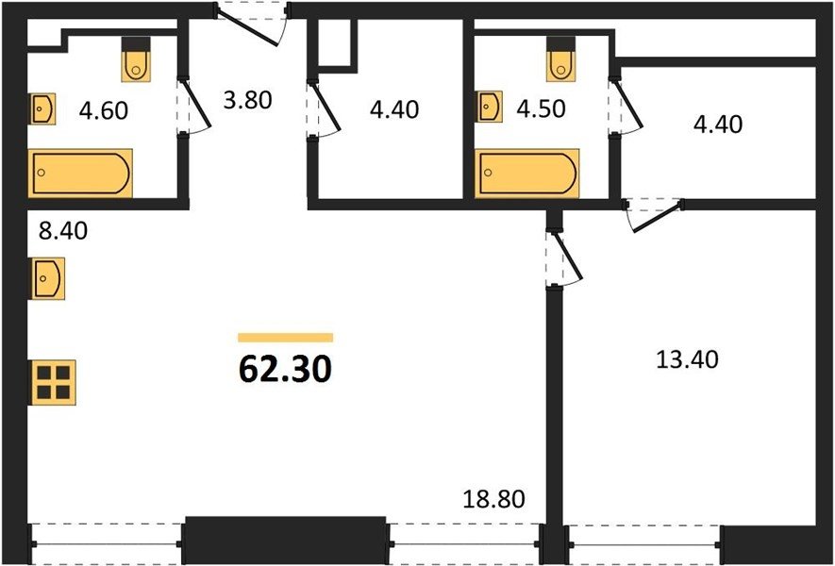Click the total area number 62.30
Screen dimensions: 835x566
click(x=286, y=369)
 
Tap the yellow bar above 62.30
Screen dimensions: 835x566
click(x=286, y=337)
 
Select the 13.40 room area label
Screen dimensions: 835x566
click(x=687, y=360)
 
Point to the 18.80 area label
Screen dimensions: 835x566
click(x=493, y=499)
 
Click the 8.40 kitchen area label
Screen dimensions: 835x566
click(x=63, y=231)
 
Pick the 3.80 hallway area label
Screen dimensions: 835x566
click(x=247, y=100)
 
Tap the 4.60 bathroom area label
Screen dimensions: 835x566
click(x=103, y=110)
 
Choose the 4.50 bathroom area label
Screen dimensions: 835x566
click(x=541, y=108)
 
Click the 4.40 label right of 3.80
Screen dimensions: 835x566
click(x=394, y=109)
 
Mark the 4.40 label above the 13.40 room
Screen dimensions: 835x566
click(x=718, y=125)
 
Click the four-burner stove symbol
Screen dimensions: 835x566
click(x=53, y=382)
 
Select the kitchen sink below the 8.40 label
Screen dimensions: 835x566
click(x=47, y=278)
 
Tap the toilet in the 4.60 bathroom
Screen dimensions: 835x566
click(x=136, y=59)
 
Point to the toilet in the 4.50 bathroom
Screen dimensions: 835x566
click(x=560, y=59)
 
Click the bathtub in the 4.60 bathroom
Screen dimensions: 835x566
click(x=80, y=173)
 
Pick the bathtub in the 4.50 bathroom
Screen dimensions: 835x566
click(x=527, y=173)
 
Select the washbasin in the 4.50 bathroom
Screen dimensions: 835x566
click(x=489, y=107)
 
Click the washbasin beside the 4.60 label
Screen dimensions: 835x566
click(x=42, y=108)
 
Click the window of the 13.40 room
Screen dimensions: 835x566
click(x=644, y=544)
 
